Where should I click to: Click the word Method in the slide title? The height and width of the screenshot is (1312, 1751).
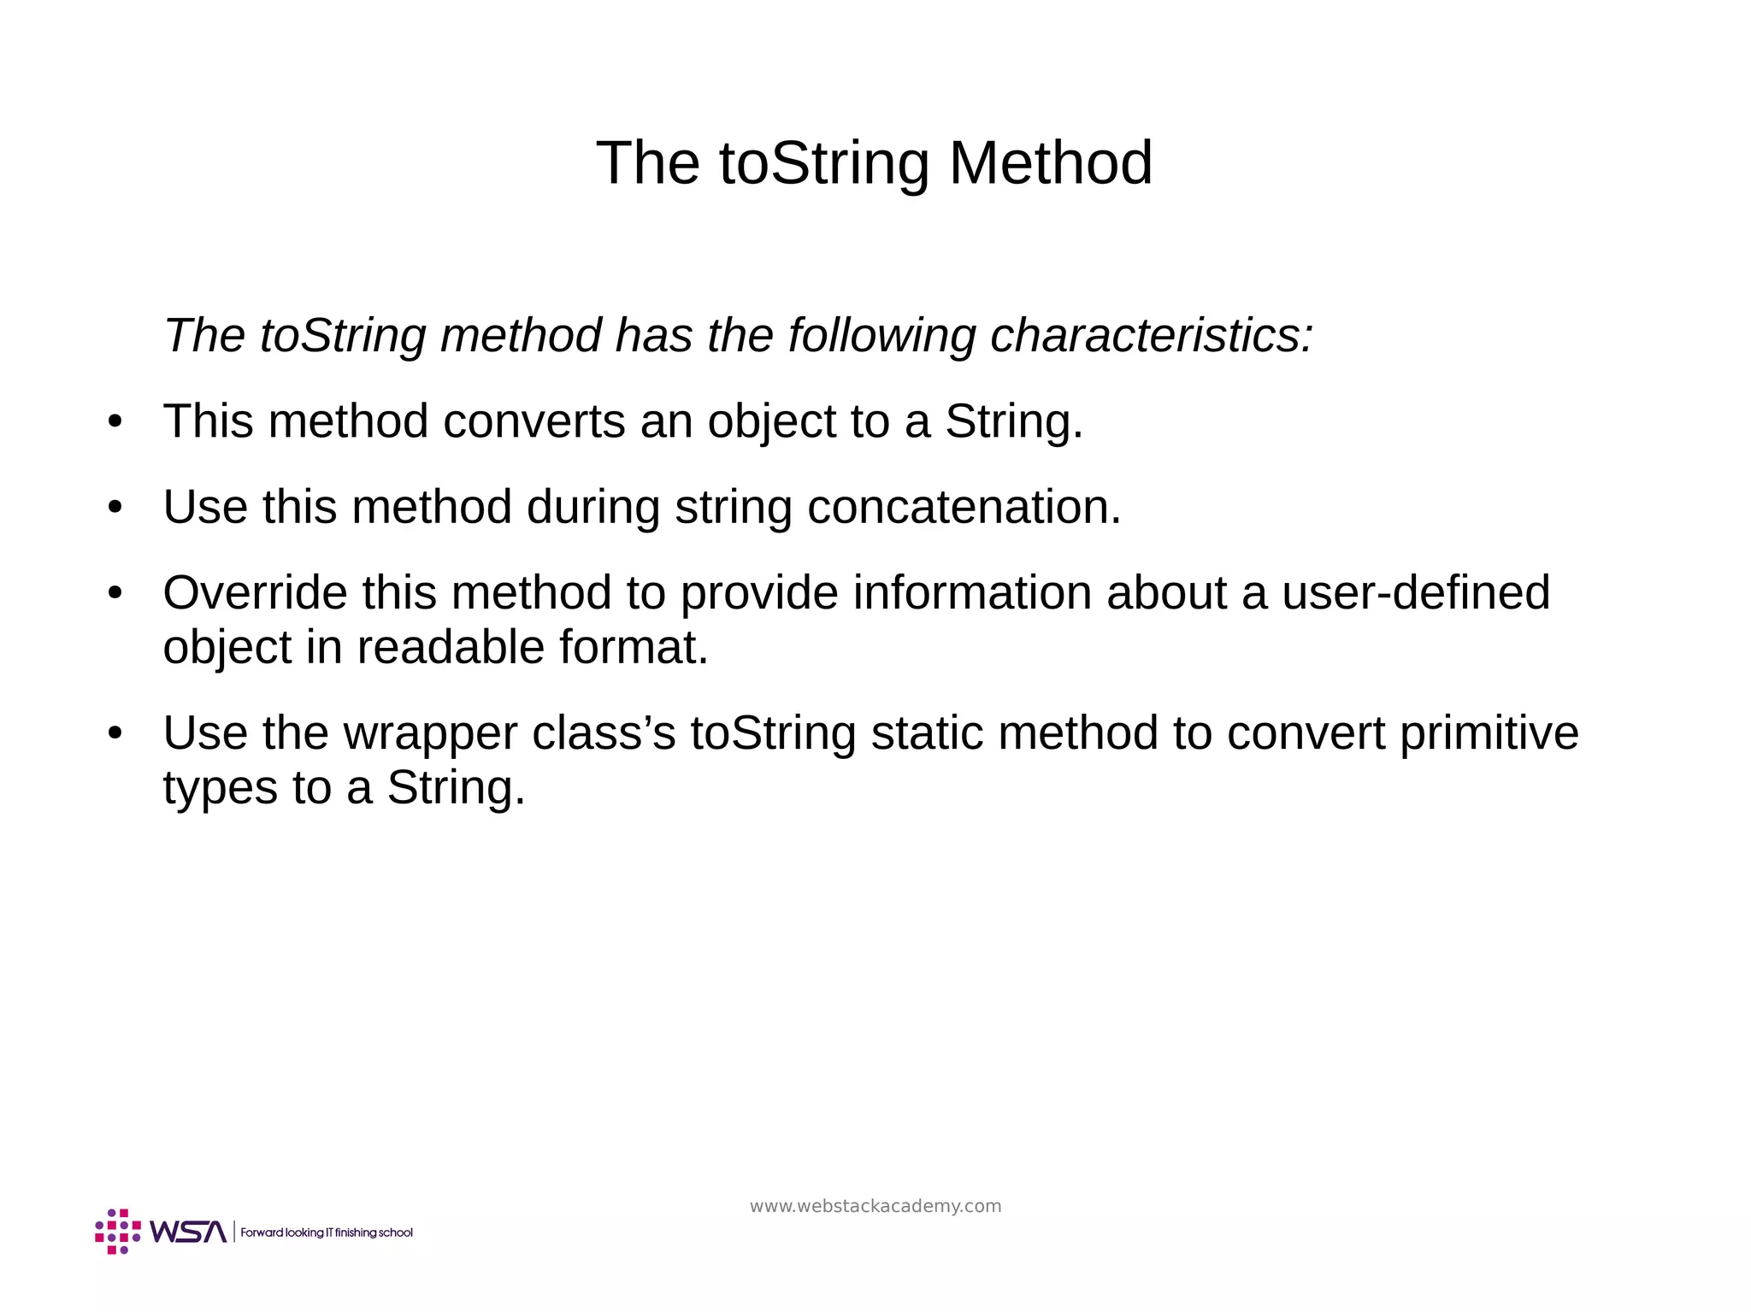(1050, 162)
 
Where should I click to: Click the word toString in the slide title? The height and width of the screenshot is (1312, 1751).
(823, 164)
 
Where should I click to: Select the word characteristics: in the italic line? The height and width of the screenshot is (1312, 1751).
(1151, 335)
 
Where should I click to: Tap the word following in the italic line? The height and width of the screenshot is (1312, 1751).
(881, 337)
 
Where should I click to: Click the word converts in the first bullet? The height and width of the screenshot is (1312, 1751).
(534, 421)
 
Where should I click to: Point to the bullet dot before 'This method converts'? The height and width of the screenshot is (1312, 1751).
(115, 422)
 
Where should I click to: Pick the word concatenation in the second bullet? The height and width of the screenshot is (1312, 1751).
(964, 507)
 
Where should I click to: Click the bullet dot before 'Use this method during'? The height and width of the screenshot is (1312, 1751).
(115, 508)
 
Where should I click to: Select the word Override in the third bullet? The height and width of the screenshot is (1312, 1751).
(255, 592)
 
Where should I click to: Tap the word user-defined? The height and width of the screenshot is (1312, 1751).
(1415, 592)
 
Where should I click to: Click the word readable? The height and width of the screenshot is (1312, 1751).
(451, 647)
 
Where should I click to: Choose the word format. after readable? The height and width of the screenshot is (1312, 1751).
(634, 647)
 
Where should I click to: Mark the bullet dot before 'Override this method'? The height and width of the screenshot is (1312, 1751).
(115, 593)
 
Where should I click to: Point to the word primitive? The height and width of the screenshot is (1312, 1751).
(1489, 733)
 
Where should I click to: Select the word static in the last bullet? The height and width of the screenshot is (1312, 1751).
(927, 733)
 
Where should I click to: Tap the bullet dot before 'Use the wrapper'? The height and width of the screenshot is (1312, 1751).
(115, 733)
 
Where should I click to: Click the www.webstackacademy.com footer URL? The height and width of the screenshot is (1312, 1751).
(875, 1206)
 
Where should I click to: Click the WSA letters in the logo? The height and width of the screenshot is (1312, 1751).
(188, 1232)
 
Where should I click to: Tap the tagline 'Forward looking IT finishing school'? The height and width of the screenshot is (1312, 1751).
(327, 1233)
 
